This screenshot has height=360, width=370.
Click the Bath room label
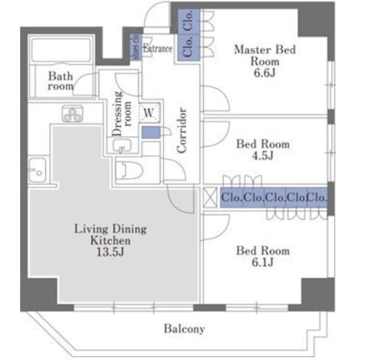pos(60,81)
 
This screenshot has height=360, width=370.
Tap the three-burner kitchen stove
pos(71,115)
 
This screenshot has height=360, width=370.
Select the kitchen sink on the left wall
pos(36,170)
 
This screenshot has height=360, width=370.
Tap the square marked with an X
pos(209,197)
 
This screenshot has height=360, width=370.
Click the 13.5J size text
pos(110,251)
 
